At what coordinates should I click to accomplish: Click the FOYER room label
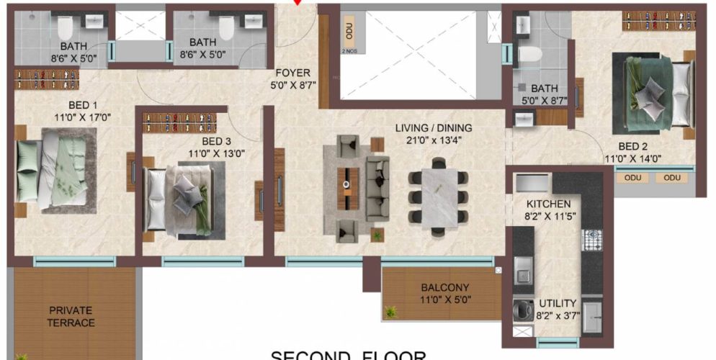click(x=293, y=73)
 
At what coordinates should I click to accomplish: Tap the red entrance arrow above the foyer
click(x=297, y=3)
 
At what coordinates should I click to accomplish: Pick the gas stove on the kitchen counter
click(x=592, y=239)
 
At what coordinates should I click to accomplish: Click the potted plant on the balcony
click(x=391, y=312)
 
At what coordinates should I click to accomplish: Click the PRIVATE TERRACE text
click(x=71, y=317)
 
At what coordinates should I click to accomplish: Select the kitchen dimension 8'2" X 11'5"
click(x=549, y=215)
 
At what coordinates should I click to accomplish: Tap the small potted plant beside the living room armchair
click(x=375, y=235)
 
